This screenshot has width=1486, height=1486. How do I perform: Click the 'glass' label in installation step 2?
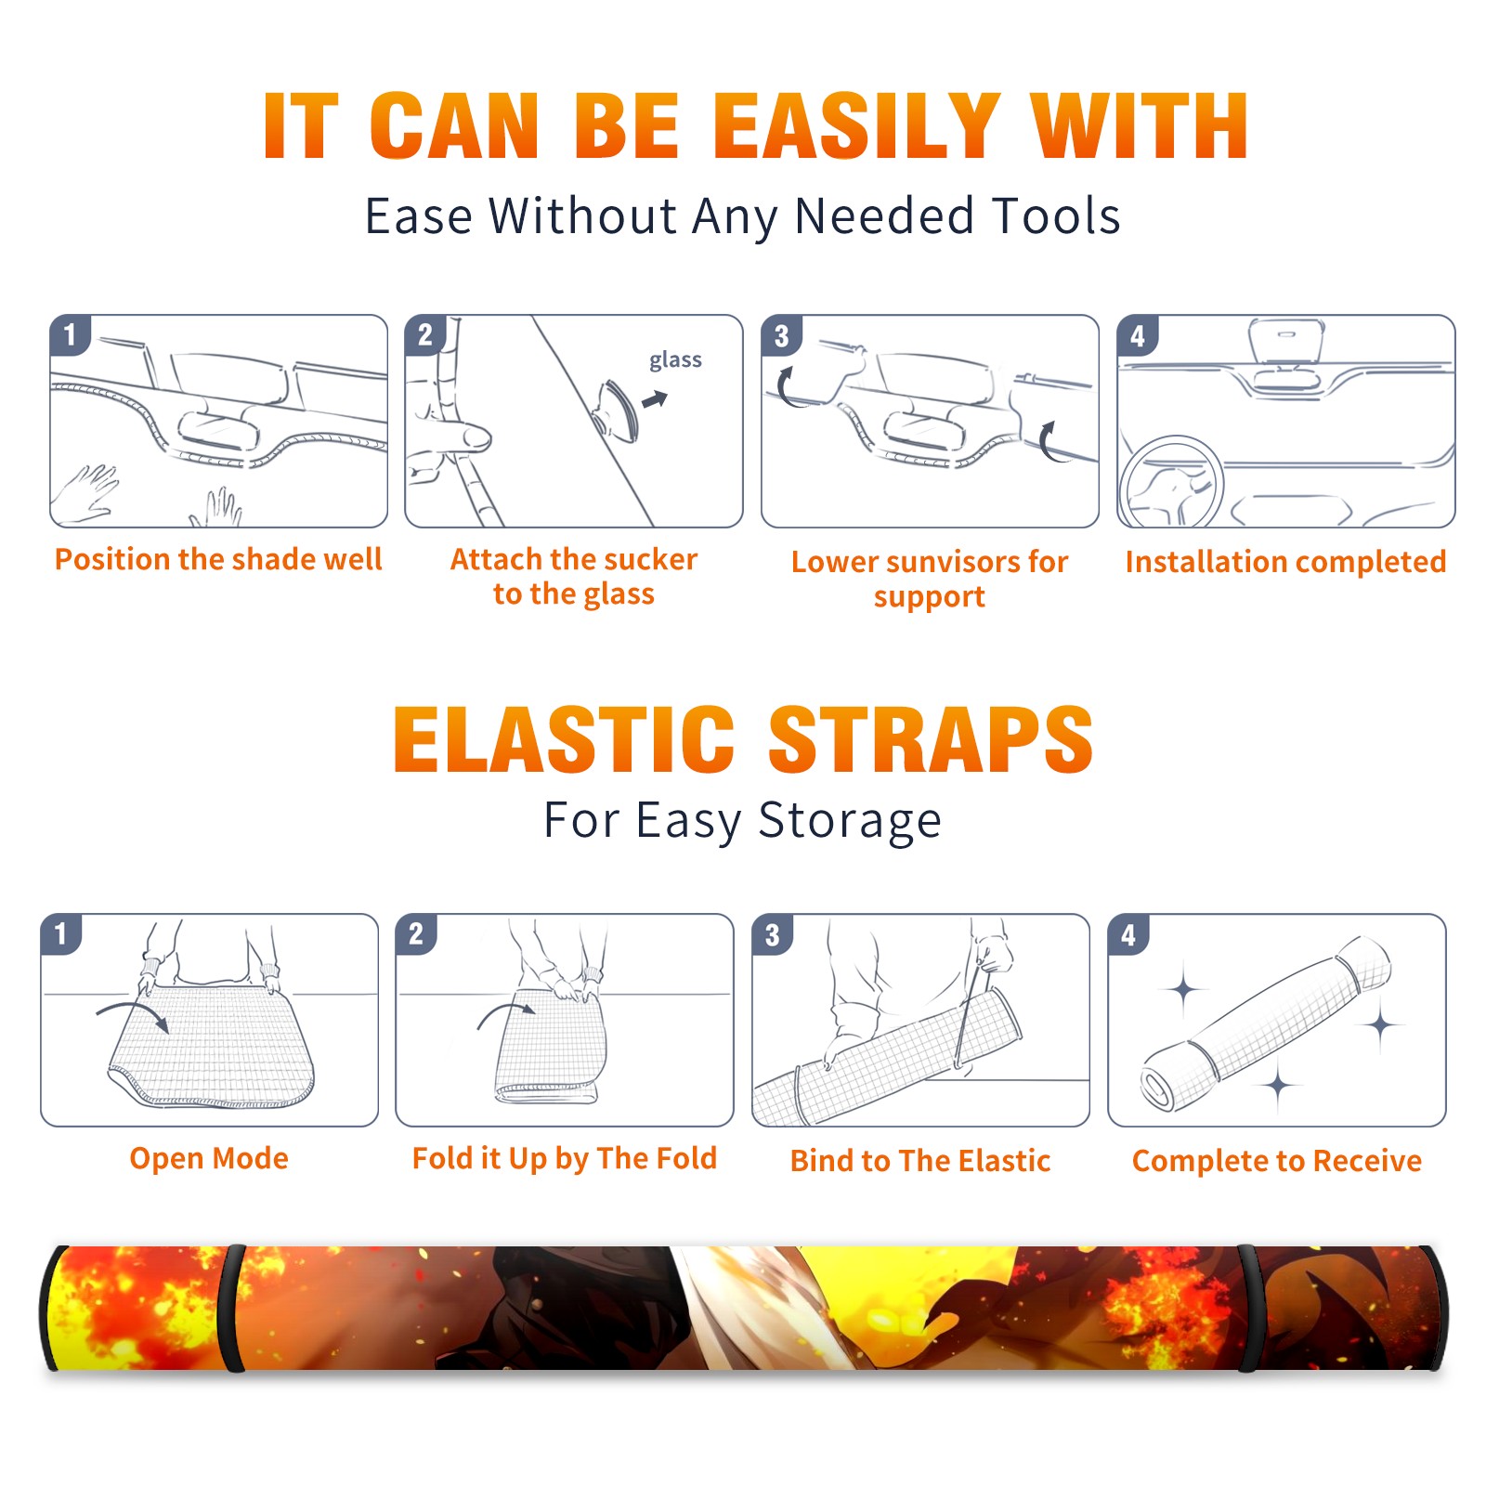click(x=675, y=360)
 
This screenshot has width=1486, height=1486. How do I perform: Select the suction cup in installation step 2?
click(x=618, y=410)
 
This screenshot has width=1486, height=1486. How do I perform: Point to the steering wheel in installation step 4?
click(x=1170, y=481)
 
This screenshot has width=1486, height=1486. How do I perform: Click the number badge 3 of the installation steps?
click(x=782, y=335)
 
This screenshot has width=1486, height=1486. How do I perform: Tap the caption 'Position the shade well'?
click(x=218, y=559)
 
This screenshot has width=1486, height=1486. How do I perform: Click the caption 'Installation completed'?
click(x=1285, y=561)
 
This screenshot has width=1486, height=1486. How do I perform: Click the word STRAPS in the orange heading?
click(x=931, y=739)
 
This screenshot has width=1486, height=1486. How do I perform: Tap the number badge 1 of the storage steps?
click(x=61, y=934)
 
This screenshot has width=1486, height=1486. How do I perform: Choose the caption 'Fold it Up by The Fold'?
click(x=565, y=1158)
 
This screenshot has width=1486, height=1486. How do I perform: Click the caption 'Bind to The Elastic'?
click(x=920, y=1160)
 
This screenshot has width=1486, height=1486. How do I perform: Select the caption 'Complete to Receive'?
click(x=1277, y=1160)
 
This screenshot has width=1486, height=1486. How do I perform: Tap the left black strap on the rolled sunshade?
click(x=234, y=1309)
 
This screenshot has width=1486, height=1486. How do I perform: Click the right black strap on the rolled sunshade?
click(x=1249, y=1309)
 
